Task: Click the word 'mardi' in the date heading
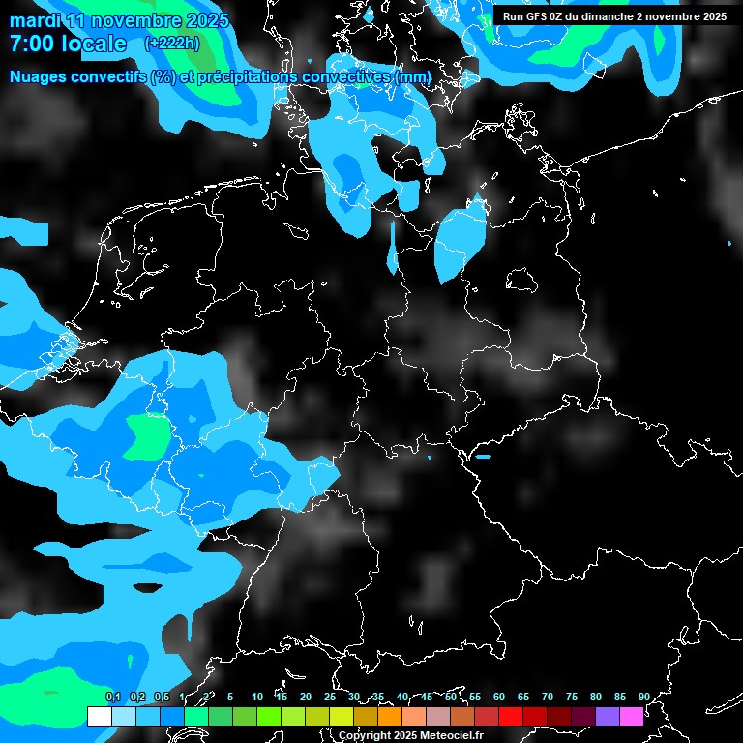click(34, 20)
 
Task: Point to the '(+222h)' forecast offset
click(173, 44)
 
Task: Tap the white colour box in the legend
click(99, 716)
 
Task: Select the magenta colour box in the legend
click(631, 716)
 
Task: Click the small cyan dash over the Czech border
click(483, 456)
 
